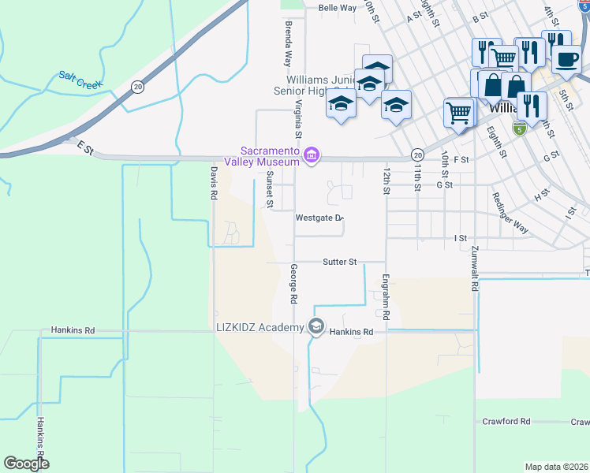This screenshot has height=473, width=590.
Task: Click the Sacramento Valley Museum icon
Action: (x=312, y=155)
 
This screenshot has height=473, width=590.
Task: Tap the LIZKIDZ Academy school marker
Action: (x=316, y=326)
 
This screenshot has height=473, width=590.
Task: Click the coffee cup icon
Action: (x=565, y=59)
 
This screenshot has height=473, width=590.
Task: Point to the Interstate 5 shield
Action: (x=519, y=128)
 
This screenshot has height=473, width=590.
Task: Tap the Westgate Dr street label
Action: (x=319, y=218)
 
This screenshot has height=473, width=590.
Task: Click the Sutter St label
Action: (x=340, y=261)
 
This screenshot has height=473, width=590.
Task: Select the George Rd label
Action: (x=293, y=284)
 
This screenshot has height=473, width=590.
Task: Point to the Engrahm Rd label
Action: (x=386, y=296)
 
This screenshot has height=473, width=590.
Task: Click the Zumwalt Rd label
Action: (x=475, y=268)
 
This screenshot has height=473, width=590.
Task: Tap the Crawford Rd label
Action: (x=506, y=422)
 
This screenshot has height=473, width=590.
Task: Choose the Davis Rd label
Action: (x=213, y=182)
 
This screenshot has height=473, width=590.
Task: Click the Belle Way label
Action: (x=337, y=8)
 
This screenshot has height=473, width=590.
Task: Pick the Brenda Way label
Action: (x=288, y=43)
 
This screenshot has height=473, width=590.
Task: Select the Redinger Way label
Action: (x=510, y=213)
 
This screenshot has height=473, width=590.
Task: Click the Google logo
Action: (x=26, y=463)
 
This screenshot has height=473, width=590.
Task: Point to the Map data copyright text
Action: (x=556, y=467)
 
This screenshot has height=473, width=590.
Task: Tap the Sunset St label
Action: (x=269, y=190)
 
